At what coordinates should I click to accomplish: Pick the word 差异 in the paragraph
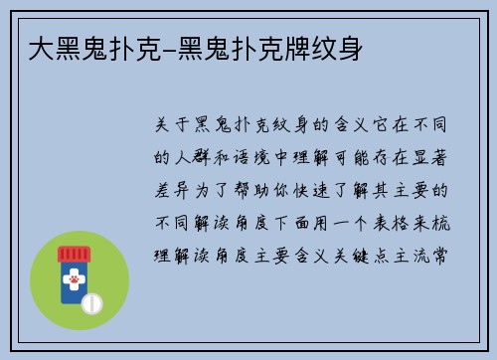[178, 189]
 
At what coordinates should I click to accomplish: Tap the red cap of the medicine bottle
[73, 253]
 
